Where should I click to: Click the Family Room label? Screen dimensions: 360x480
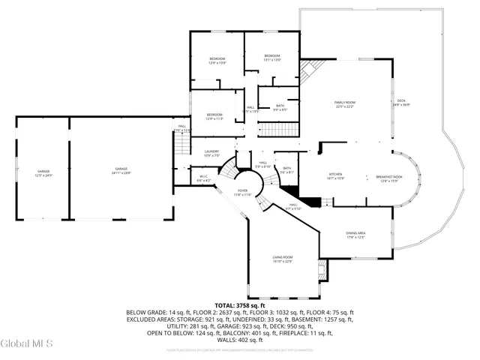click(x=344, y=104)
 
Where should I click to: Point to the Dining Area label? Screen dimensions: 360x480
click(x=355, y=235)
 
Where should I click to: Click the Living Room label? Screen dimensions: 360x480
click(x=282, y=259)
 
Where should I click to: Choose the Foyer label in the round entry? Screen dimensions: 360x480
click(x=242, y=193)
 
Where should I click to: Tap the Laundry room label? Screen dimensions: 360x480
click(x=211, y=154)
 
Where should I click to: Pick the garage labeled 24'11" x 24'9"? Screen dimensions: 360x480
click(x=121, y=171)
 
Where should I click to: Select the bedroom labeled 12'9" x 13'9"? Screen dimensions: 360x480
click(x=217, y=61)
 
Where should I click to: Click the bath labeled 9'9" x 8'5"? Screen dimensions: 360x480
click(x=280, y=108)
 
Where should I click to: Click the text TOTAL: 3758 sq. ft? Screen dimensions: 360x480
click(x=239, y=306)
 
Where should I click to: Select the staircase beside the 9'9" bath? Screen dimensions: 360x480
click(x=278, y=128)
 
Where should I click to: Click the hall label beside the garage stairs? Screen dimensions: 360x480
click(x=182, y=128)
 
